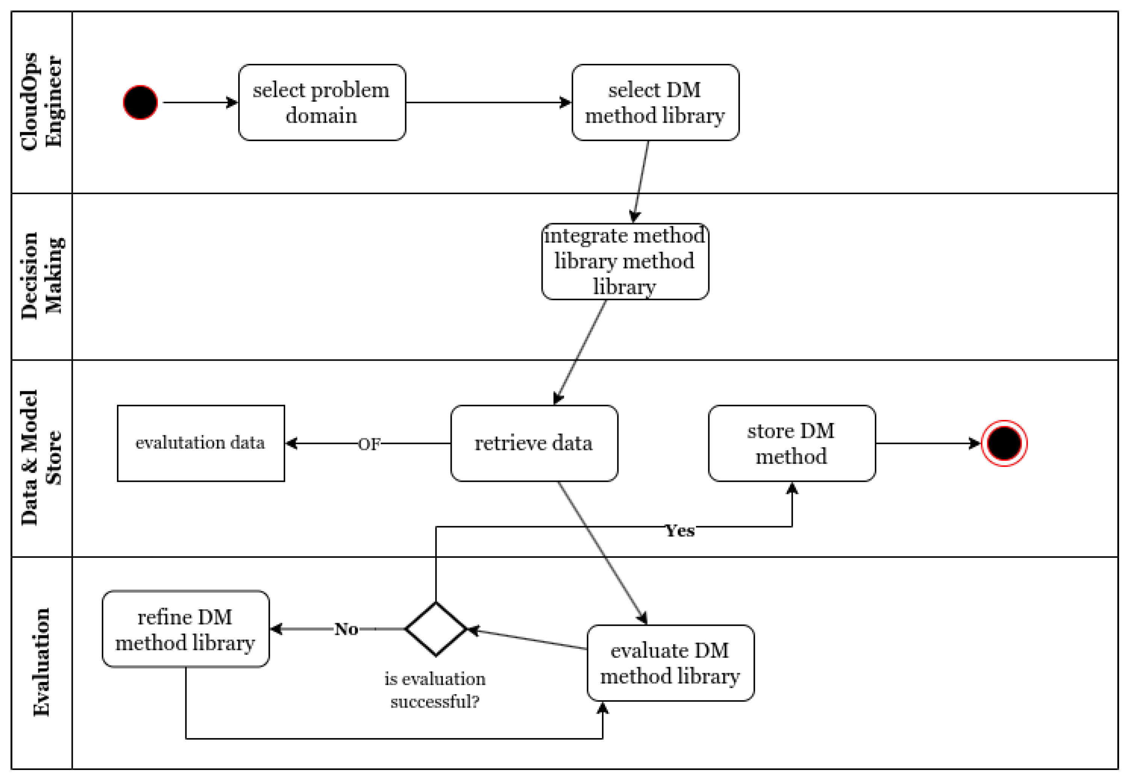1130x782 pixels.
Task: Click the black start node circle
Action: pos(140,103)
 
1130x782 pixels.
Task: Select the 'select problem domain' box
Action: pos(322,103)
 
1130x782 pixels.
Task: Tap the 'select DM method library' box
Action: pos(655,103)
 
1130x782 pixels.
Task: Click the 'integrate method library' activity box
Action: pos(625,261)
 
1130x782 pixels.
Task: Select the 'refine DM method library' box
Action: pos(185,629)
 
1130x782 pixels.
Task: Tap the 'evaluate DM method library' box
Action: pos(670,663)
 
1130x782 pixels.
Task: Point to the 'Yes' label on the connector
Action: pos(679,531)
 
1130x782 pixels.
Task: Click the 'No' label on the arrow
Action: pos(346,629)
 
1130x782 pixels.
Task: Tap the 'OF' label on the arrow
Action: pos(369,444)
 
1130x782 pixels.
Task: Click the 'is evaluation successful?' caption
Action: pos(435,690)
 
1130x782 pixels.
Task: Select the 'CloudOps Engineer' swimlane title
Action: pos(42,101)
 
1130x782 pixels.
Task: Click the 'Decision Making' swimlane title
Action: pos(42,276)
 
